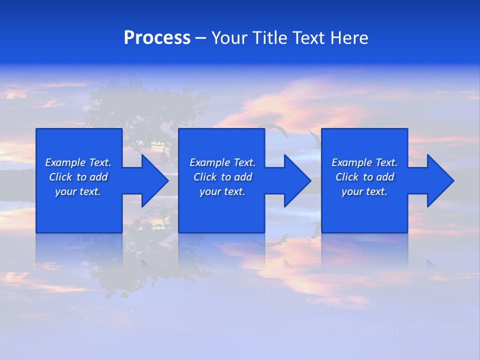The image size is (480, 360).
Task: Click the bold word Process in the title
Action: [157, 38]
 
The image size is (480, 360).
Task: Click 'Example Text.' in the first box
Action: [78, 162]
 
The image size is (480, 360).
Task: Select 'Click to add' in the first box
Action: [78, 177]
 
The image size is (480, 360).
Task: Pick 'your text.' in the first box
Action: [78, 191]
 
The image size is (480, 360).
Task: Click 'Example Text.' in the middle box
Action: [222, 162]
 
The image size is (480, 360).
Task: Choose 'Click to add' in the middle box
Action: [222, 177]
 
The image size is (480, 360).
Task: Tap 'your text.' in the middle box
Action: [222, 191]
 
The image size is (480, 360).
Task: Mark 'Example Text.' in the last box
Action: [364, 162]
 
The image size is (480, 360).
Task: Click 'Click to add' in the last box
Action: [364, 177]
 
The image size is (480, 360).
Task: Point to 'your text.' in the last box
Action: [364, 191]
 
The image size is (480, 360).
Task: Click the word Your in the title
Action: [229, 38]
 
